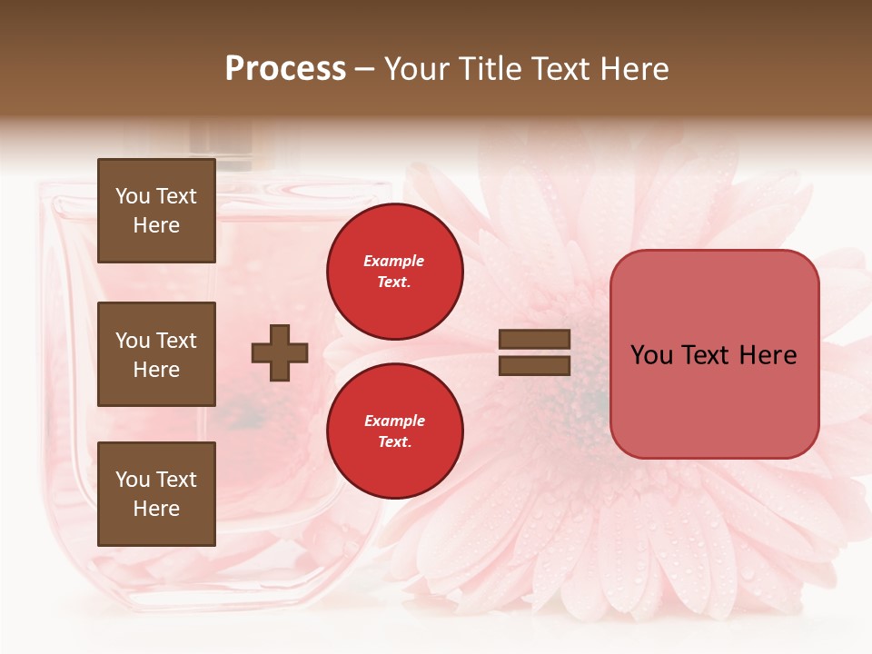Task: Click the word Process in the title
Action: [x=285, y=69]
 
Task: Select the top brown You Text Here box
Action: [x=156, y=211]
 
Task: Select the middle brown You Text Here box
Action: [x=156, y=354]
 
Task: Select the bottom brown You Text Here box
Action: [x=156, y=493]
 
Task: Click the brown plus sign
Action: [x=280, y=352]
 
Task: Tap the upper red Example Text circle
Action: [x=394, y=272]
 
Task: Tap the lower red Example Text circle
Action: [x=394, y=431]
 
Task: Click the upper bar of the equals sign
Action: [x=534, y=339]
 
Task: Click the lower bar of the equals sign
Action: [x=534, y=365]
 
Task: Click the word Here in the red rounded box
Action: [x=768, y=355]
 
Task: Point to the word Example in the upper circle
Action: [x=394, y=262]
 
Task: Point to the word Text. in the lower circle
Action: [x=394, y=442]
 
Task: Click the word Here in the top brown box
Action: [x=156, y=225]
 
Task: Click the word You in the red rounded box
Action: [x=651, y=355]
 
